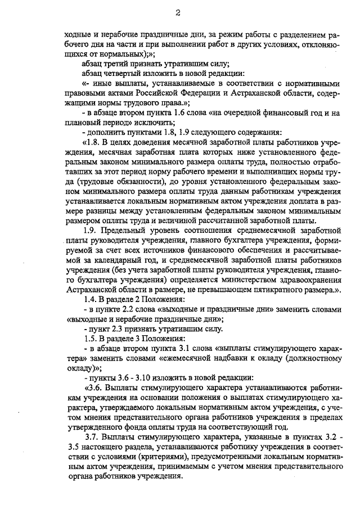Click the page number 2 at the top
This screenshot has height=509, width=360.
177,12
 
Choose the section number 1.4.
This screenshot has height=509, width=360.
90,300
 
